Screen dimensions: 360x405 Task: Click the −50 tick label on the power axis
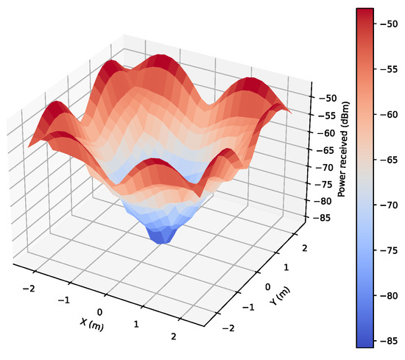tap(323, 99)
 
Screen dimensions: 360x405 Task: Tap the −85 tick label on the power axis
tap(322, 218)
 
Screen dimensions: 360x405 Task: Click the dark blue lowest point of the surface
tap(165, 237)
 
